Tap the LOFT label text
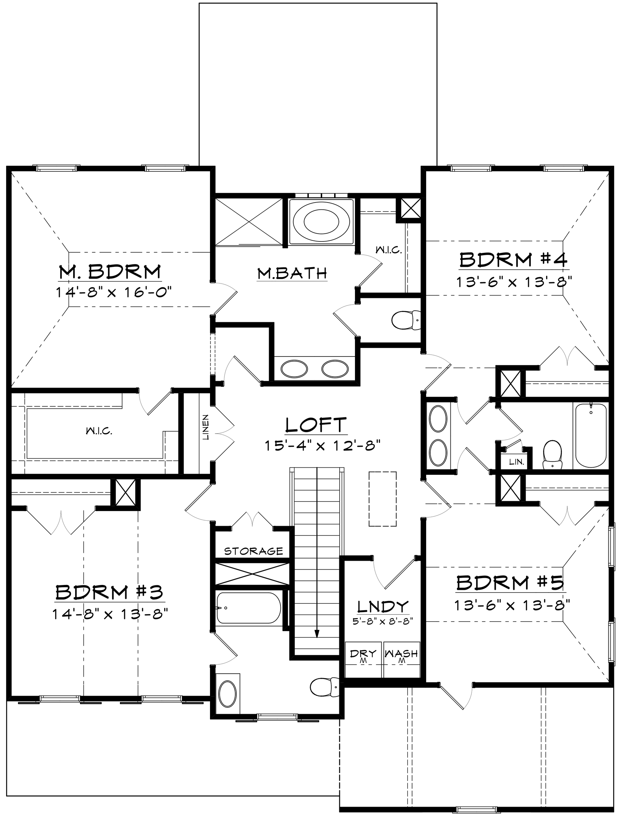tap(316, 425)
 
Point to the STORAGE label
tap(253, 551)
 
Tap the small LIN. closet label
tap(516, 462)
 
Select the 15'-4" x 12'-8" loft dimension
tap(323, 445)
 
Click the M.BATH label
tap(292, 274)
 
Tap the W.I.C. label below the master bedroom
tap(99, 431)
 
